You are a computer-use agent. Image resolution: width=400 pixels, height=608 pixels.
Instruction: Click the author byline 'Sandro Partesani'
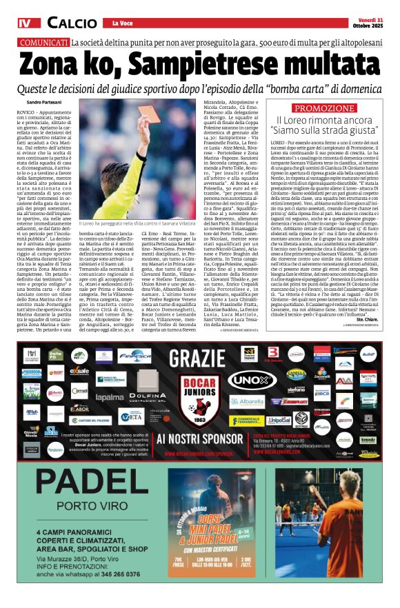pyautogui.click(x=38, y=103)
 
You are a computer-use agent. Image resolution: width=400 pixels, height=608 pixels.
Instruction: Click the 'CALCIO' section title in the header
pyautogui.click(x=72, y=23)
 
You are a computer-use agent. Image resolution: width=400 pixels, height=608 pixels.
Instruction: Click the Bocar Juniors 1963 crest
pyautogui.click(x=199, y=400)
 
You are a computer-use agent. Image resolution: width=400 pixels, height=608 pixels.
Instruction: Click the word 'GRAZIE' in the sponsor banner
pyautogui.click(x=199, y=358)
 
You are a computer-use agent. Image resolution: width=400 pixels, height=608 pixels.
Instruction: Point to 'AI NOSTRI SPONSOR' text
pyautogui.click(x=199, y=438)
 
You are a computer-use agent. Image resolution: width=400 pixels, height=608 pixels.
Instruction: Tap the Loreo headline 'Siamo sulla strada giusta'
pyautogui.click(x=325, y=128)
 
